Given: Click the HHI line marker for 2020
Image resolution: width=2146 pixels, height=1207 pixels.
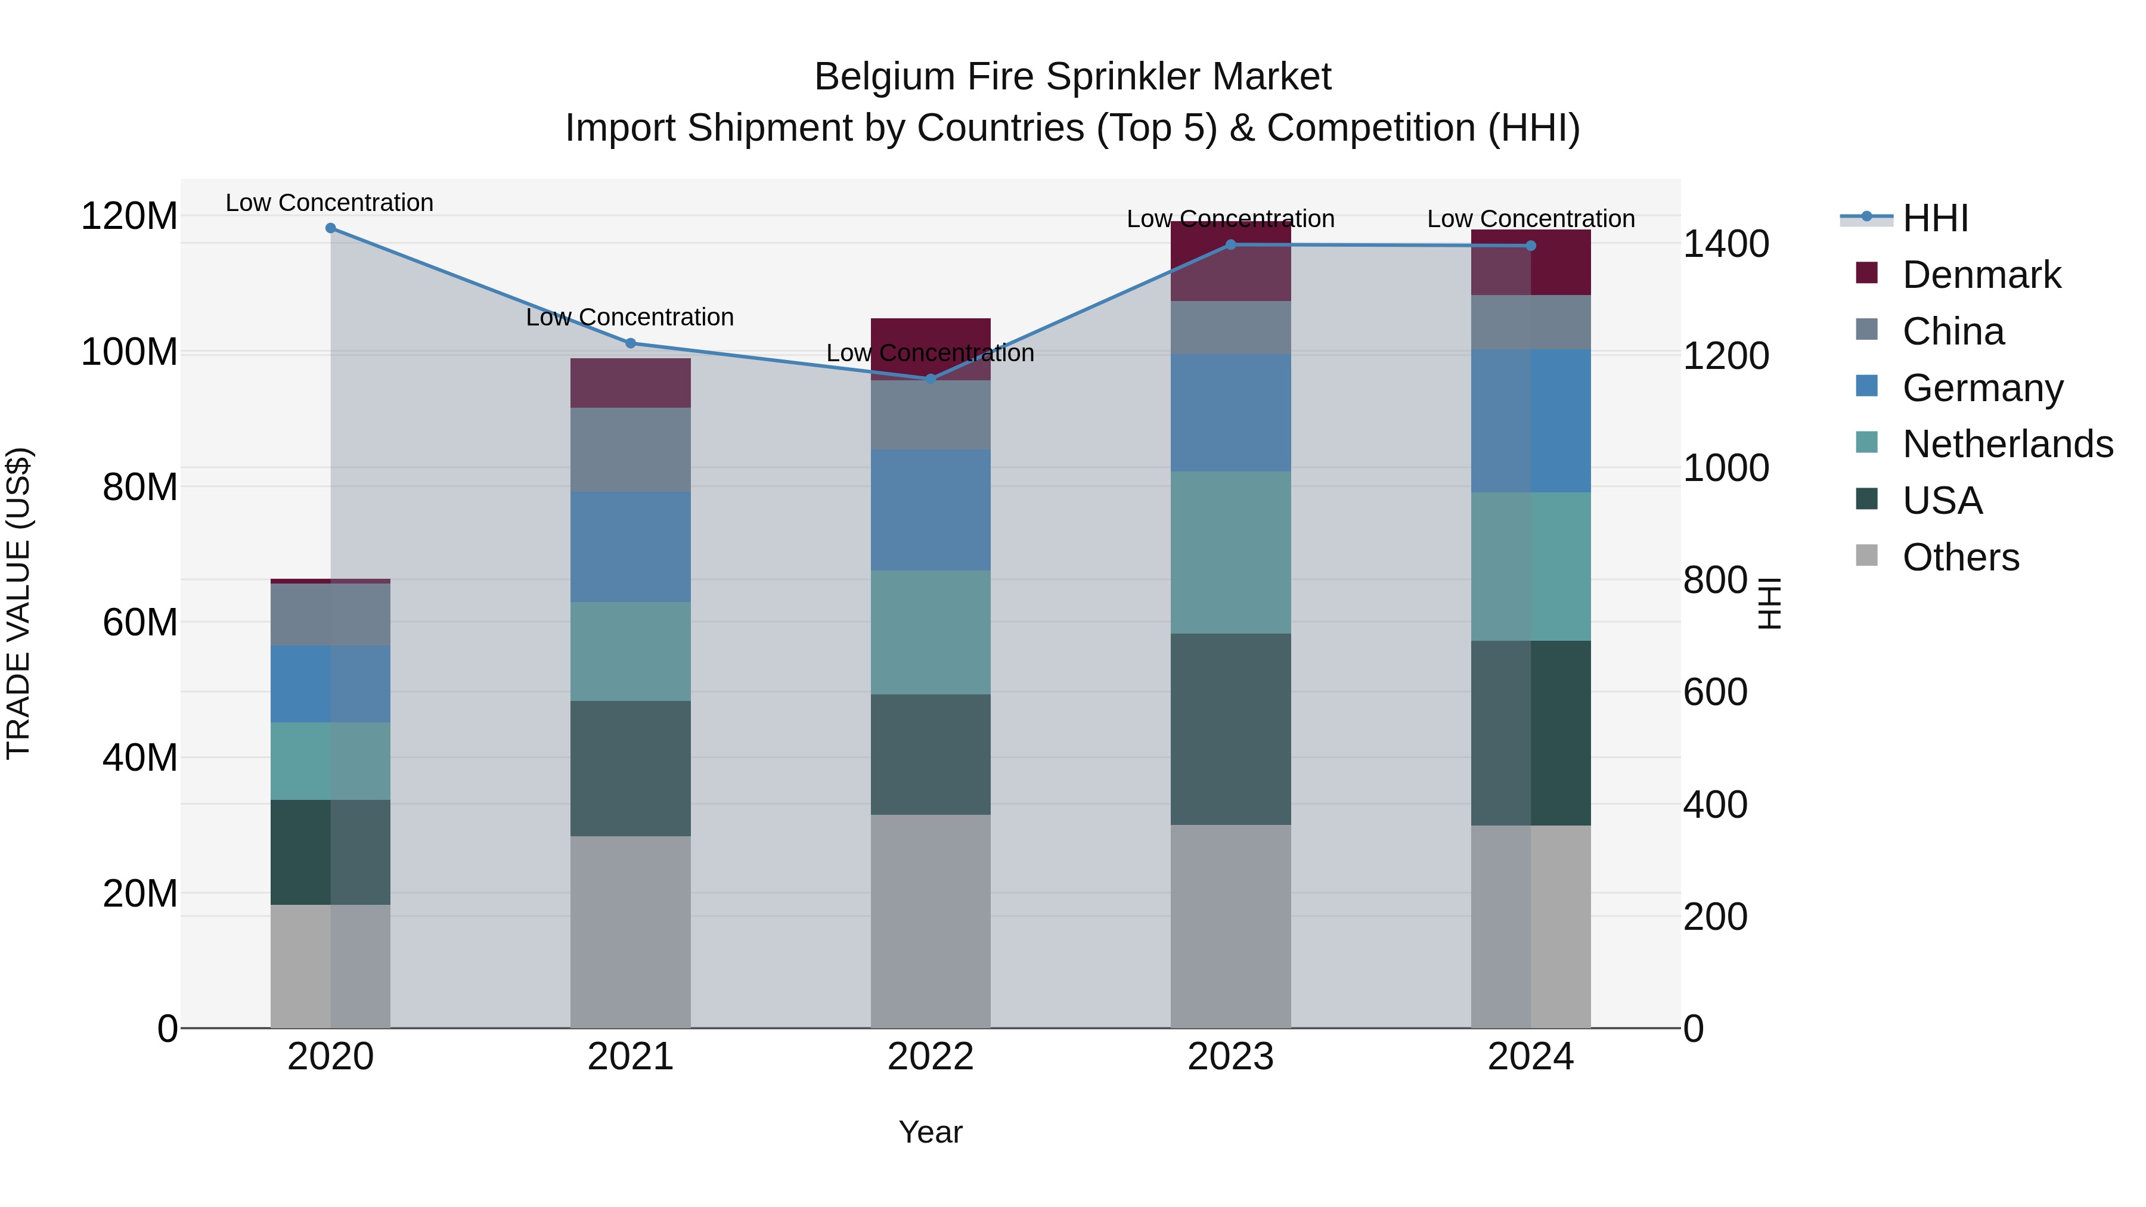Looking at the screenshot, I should (x=331, y=228).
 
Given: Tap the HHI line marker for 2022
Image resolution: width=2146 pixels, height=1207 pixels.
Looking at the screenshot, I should (x=931, y=379).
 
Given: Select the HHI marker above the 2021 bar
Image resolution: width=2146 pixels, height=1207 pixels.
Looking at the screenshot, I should (x=631, y=343).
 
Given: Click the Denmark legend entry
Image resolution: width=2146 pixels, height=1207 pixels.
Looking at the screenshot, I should (x=1981, y=275).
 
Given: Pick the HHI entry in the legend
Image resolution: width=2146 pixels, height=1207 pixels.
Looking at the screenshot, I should (x=1935, y=218).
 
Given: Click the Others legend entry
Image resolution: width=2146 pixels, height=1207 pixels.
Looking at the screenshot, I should (x=1960, y=557).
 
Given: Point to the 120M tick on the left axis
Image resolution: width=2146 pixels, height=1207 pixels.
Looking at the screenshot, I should (x=129, y=216).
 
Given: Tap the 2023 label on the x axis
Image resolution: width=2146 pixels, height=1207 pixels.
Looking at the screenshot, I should (x=1230, y=1057).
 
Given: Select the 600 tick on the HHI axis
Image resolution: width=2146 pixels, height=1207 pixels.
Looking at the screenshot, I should (x=1715, y=692).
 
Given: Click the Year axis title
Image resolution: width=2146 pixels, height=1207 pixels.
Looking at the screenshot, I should (x=931, y=1132).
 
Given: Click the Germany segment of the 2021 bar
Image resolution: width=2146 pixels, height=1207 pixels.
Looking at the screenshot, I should (x=631, y=547).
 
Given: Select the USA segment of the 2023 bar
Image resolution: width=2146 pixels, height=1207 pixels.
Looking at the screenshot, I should (x=1230, y=729).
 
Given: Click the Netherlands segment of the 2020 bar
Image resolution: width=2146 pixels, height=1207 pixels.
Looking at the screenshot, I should (x=331, y=761).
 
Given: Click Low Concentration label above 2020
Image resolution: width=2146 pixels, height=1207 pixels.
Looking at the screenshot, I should (x=330, y=203).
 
